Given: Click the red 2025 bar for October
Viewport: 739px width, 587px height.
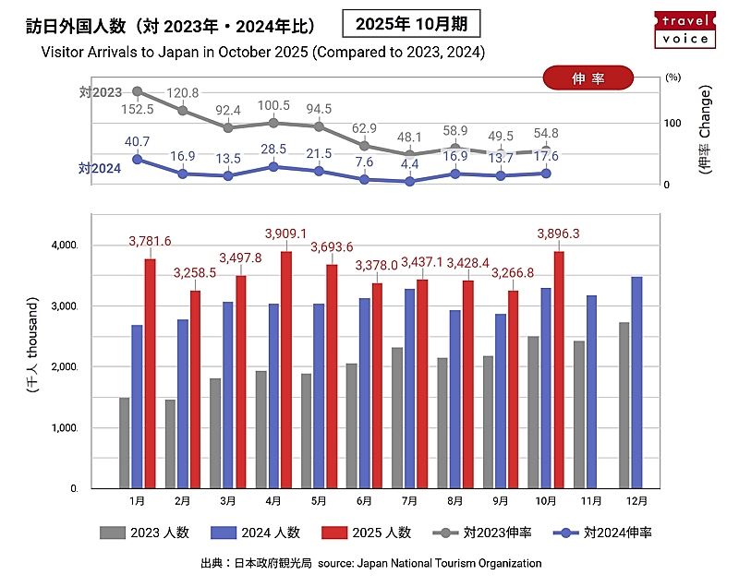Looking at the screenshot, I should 558,369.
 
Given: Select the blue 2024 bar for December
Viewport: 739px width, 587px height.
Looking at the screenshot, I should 636,382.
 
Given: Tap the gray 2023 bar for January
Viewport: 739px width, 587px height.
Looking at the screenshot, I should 125,442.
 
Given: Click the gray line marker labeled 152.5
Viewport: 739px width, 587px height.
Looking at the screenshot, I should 138,91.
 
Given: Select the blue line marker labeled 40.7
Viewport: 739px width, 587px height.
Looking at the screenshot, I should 138,159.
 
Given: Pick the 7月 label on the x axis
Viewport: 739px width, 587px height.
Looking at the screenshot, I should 409,501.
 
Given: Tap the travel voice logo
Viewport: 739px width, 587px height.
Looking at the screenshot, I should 684,29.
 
